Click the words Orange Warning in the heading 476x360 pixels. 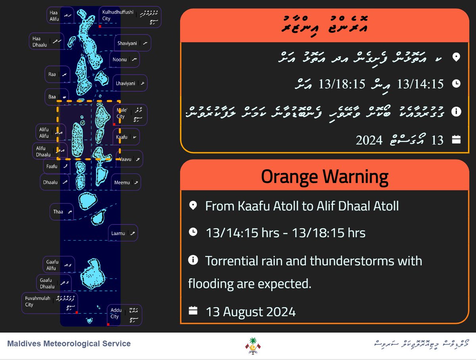click(x=324, y=176)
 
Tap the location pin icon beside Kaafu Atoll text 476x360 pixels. click(x=193, y=206)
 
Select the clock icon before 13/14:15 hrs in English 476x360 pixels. click(x=193, y=232)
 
